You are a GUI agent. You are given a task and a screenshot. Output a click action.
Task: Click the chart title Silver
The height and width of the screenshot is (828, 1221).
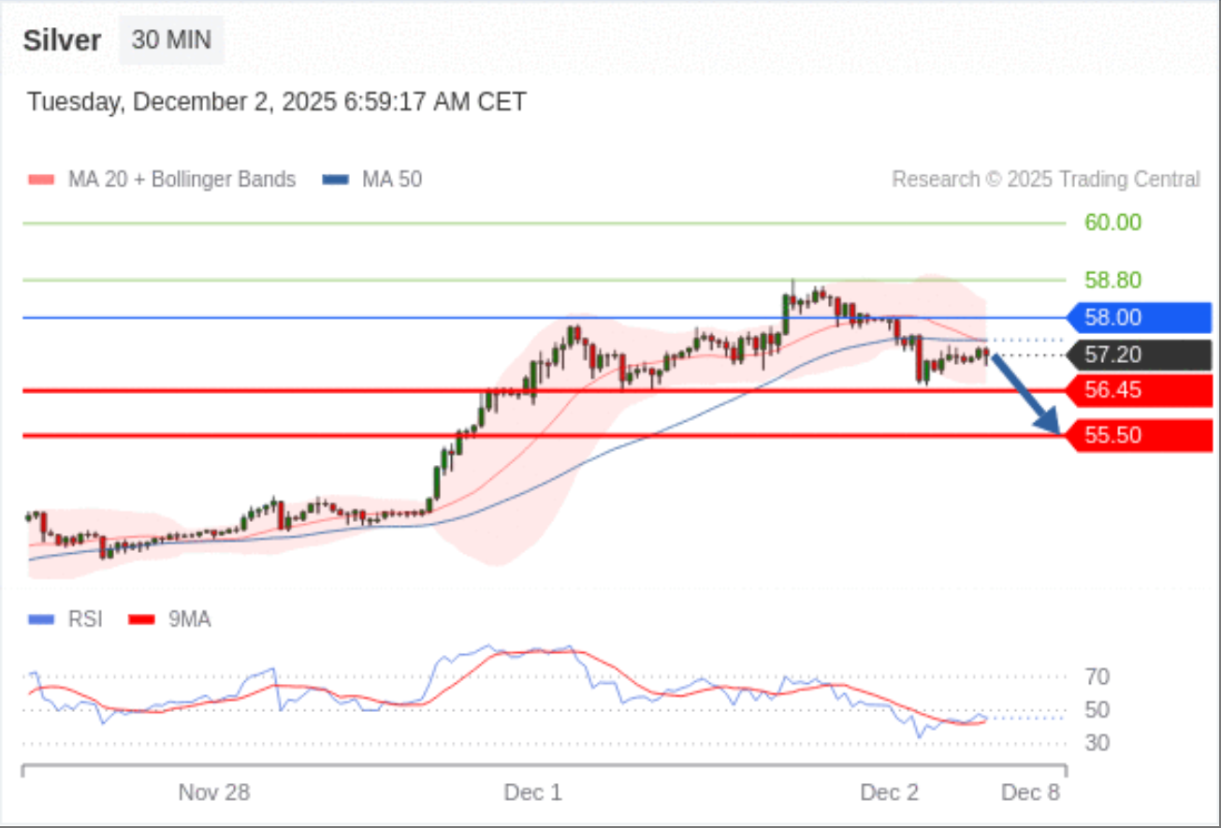coord(62,40)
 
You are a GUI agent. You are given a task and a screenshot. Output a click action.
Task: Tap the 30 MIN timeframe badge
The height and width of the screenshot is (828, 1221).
coord(171,40)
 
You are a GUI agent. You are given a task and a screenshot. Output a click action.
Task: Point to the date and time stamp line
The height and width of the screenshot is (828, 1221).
coord(276,101)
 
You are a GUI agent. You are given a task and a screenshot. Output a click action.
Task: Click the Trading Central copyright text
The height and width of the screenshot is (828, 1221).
coord(1045,179)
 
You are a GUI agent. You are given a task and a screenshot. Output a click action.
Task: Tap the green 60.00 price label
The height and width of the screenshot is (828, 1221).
coord(1112,223)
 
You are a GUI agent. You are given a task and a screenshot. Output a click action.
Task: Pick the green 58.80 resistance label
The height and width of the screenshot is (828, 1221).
coord(1112,280)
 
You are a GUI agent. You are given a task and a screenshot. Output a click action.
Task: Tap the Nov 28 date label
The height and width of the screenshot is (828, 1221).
coord(214,793)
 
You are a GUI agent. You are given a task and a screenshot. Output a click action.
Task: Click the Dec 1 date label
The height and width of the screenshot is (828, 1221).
coord(532,793)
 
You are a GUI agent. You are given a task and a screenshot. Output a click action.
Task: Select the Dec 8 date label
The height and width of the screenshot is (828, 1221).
coord(1030,793)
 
